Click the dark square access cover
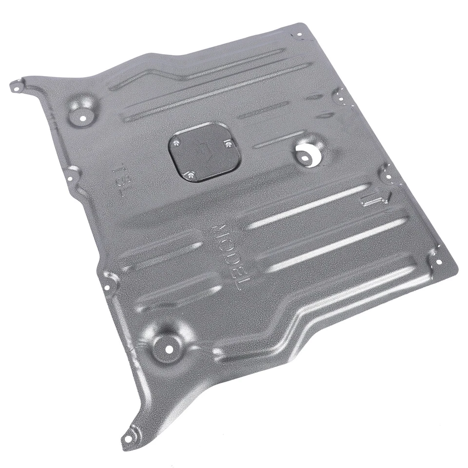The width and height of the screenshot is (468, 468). (205, 152)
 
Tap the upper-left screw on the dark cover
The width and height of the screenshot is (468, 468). (176, 143)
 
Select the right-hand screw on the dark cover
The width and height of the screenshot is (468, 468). (228, 143)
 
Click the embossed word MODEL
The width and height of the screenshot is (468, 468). (242, 258)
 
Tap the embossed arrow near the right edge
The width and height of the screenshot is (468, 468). (376, 197)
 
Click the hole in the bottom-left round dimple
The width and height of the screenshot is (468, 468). (169, 349)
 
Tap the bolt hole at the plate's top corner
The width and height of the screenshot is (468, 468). (298, 36)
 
